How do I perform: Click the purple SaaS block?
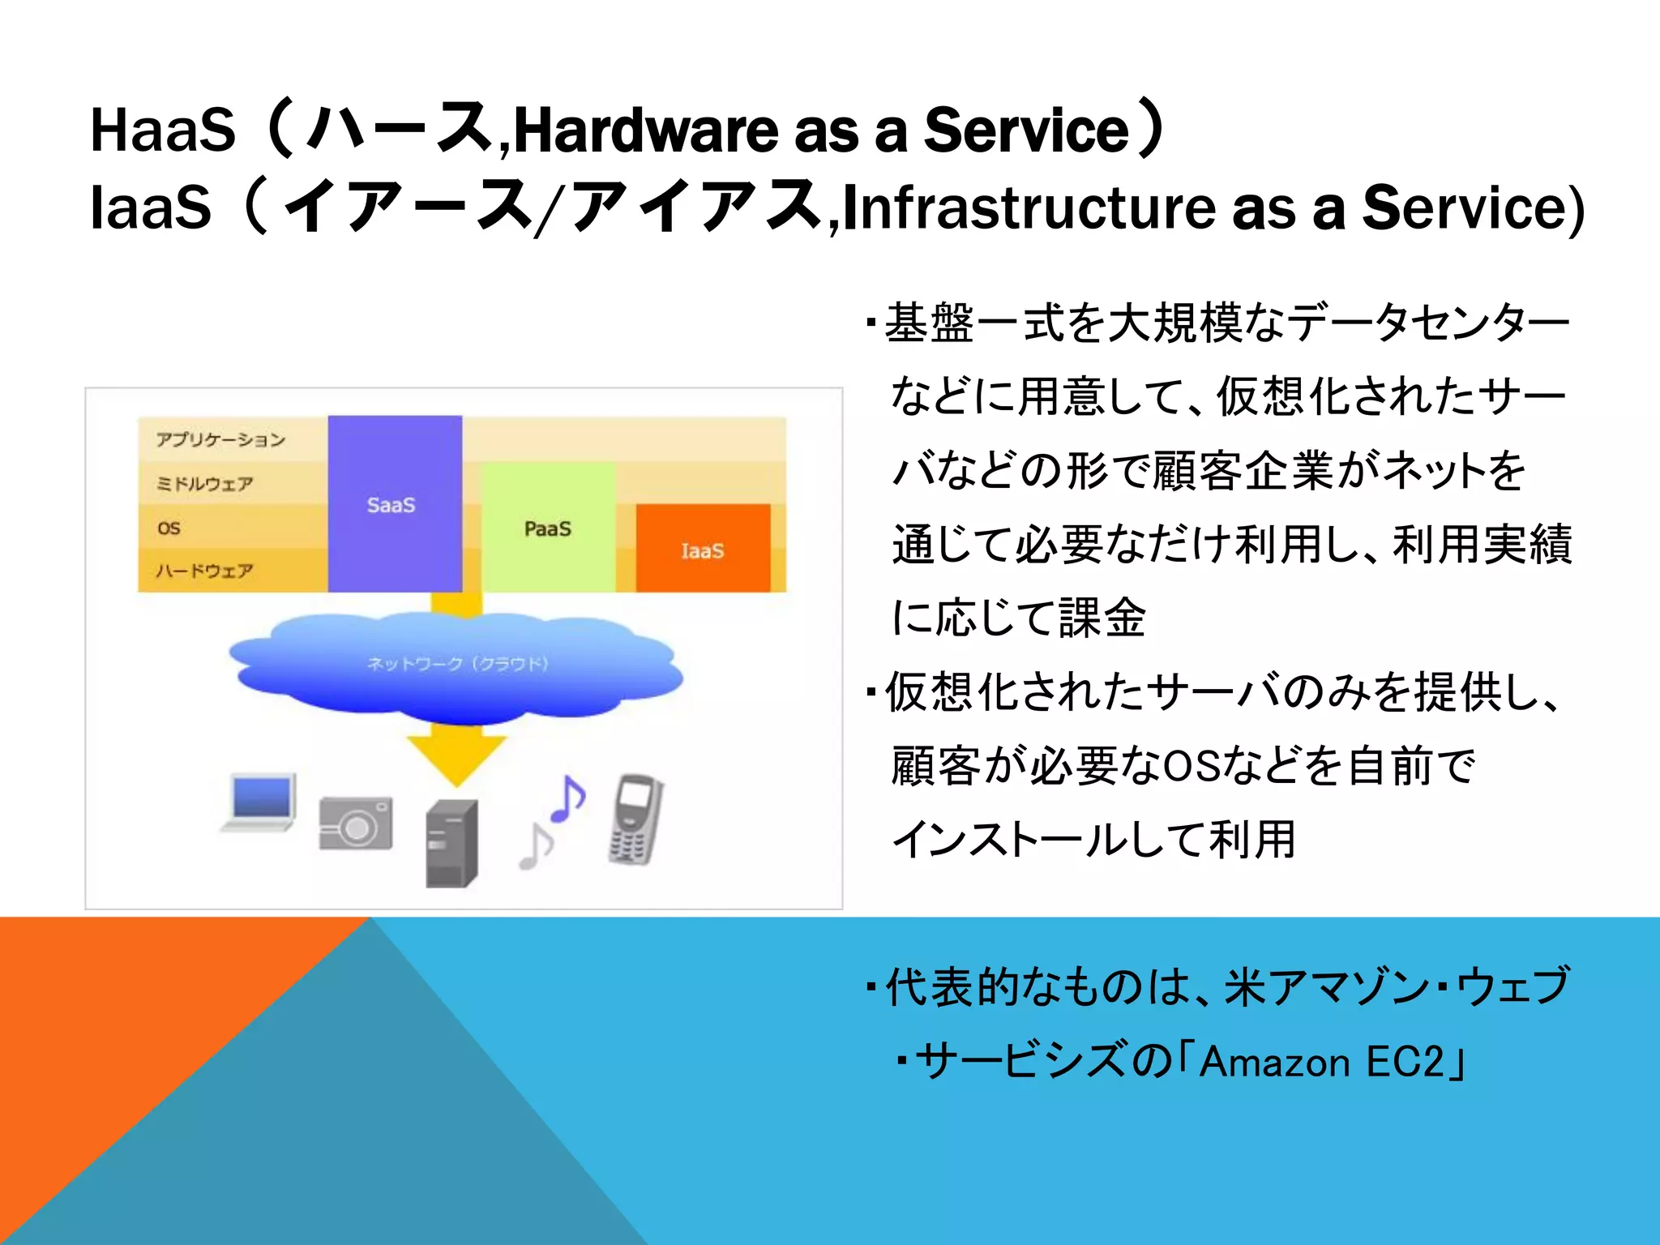point(395,503)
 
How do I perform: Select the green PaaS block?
point(549,528)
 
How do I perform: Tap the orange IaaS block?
point(703,549)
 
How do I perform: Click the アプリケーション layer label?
point(220,439)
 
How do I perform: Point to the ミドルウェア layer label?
point(204,484)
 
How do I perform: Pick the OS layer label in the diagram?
point(169,528)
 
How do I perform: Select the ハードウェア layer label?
point(204,571)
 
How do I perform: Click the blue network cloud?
point(456,665)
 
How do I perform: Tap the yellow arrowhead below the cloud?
point(456,758)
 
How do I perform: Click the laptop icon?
point(259,802)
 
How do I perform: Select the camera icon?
point(356,824)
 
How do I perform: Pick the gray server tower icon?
point(451,844)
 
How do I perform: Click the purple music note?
point(567,798)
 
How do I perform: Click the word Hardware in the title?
point(644,130)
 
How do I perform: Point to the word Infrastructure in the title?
point(1029,207)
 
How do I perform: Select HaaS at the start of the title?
point(162,130)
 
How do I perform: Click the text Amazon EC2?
point(1321,1062)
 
